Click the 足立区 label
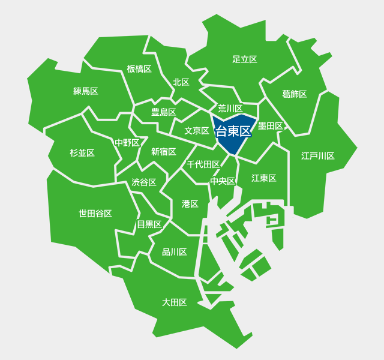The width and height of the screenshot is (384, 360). [245, 59]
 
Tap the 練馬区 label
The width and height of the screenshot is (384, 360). [86, 91]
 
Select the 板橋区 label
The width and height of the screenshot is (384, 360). [139, 69]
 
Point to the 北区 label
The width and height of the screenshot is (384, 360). [181, 82]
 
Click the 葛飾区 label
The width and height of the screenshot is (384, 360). [295, 94]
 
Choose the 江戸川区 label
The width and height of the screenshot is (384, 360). [318, 156]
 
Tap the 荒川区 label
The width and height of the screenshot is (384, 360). [230, 109]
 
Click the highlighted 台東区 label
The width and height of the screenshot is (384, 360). [232, 131]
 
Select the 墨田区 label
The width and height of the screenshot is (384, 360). [270, 126]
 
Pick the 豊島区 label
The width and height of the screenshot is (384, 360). [163, 112]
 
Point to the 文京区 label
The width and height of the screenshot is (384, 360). [197, 131]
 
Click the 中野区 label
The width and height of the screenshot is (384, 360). [127, 143]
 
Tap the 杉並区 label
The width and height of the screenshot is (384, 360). [82, 153]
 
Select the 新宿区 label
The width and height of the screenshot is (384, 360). [164, 152]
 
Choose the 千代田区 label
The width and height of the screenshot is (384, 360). [203, 164]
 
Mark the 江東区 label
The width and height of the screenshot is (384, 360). [264, 178]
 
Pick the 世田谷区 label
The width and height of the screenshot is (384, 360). [95, 214]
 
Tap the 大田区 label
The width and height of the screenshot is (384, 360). [175, 302]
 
